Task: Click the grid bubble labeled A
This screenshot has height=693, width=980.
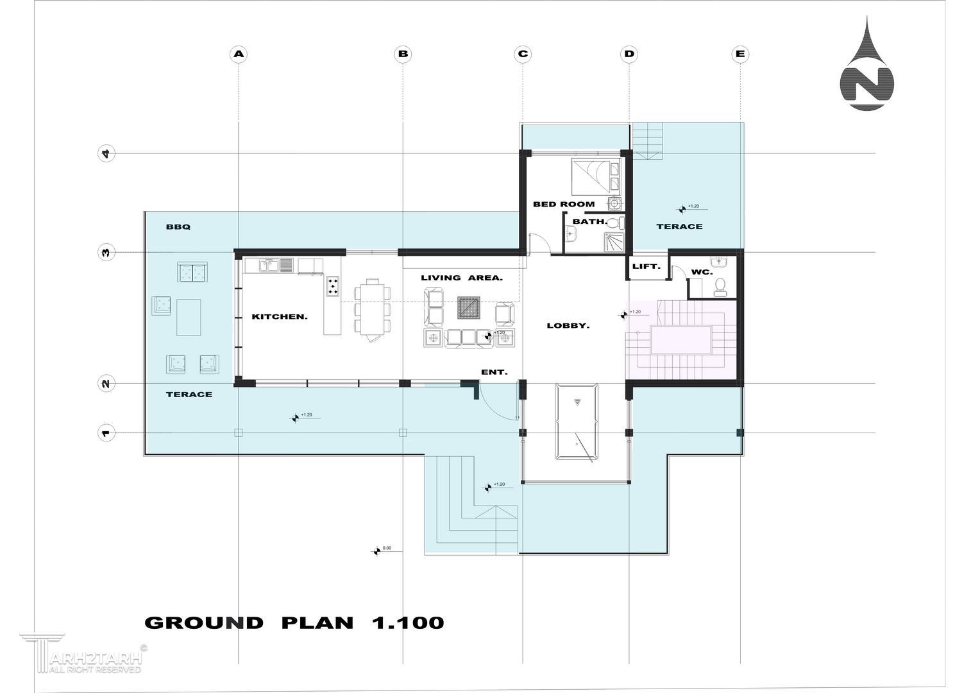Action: coord(239,55)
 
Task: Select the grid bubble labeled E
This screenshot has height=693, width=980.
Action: coord(740,55)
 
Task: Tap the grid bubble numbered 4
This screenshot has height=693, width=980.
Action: coord(106,153)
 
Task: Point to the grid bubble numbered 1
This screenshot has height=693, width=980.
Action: coord(106,433)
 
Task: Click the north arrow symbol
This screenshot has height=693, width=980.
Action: coord(866,65)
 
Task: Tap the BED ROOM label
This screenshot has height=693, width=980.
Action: coord(564,204)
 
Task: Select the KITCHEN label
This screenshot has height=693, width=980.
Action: coord(280,316)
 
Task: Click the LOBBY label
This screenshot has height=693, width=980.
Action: coord(568,326)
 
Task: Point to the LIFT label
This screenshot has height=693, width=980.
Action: coord(646,266)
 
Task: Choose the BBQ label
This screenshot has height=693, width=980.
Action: coord(178,227)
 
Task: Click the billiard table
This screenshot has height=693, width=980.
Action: coord(577,422)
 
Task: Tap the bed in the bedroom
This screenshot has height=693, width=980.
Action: coord(596,177)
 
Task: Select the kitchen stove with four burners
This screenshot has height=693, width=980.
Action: coord(333,286)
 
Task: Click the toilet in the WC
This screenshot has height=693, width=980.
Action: coord(720,286)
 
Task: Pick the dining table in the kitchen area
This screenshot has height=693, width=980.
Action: coord(373,310)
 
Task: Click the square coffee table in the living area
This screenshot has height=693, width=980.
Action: coord(469,307)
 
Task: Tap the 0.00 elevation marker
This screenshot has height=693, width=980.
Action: coord(377,551)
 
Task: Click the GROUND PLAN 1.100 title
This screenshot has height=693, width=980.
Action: coord(294,622)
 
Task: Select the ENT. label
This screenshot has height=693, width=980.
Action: coord(494,372)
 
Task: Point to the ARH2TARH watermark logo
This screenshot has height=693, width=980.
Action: coord(83,653)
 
